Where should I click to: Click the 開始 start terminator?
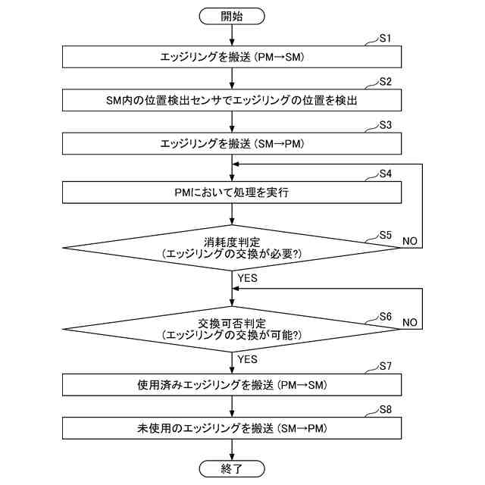pos(232,15)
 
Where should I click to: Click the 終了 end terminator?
pos(232,469)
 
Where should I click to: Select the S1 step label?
pos(386,37)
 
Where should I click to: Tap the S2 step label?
pos(386,81)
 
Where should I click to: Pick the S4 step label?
pos(386,174)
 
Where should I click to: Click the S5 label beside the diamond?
pos(385,235)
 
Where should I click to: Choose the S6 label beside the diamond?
pos(385,316)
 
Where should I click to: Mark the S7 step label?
pos(386,367)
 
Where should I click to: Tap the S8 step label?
pos(386,410)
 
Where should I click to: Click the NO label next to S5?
pos(409,240)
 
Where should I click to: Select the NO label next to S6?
pos(409,322)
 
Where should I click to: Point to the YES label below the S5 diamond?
pos(248,278)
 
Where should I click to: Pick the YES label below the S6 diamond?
pos(248,358)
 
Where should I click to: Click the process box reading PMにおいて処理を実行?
pos(232,192)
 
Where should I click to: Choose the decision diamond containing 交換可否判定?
pos(232,328)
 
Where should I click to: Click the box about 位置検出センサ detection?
pos(232,100)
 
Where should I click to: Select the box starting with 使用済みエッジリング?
pos(232,385)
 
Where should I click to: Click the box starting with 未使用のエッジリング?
pos(232,428)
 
